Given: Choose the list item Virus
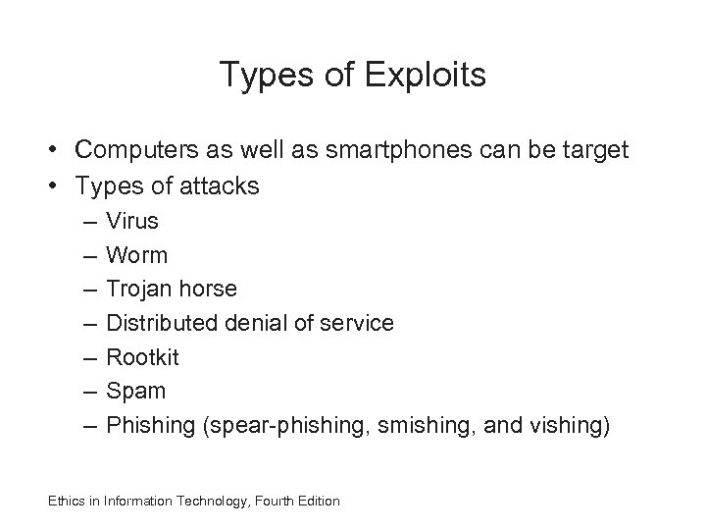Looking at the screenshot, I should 132,221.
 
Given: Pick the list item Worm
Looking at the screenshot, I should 137,255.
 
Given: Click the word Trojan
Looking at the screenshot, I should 140,290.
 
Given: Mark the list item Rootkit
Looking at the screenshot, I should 142,357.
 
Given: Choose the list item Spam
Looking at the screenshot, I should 136,391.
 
